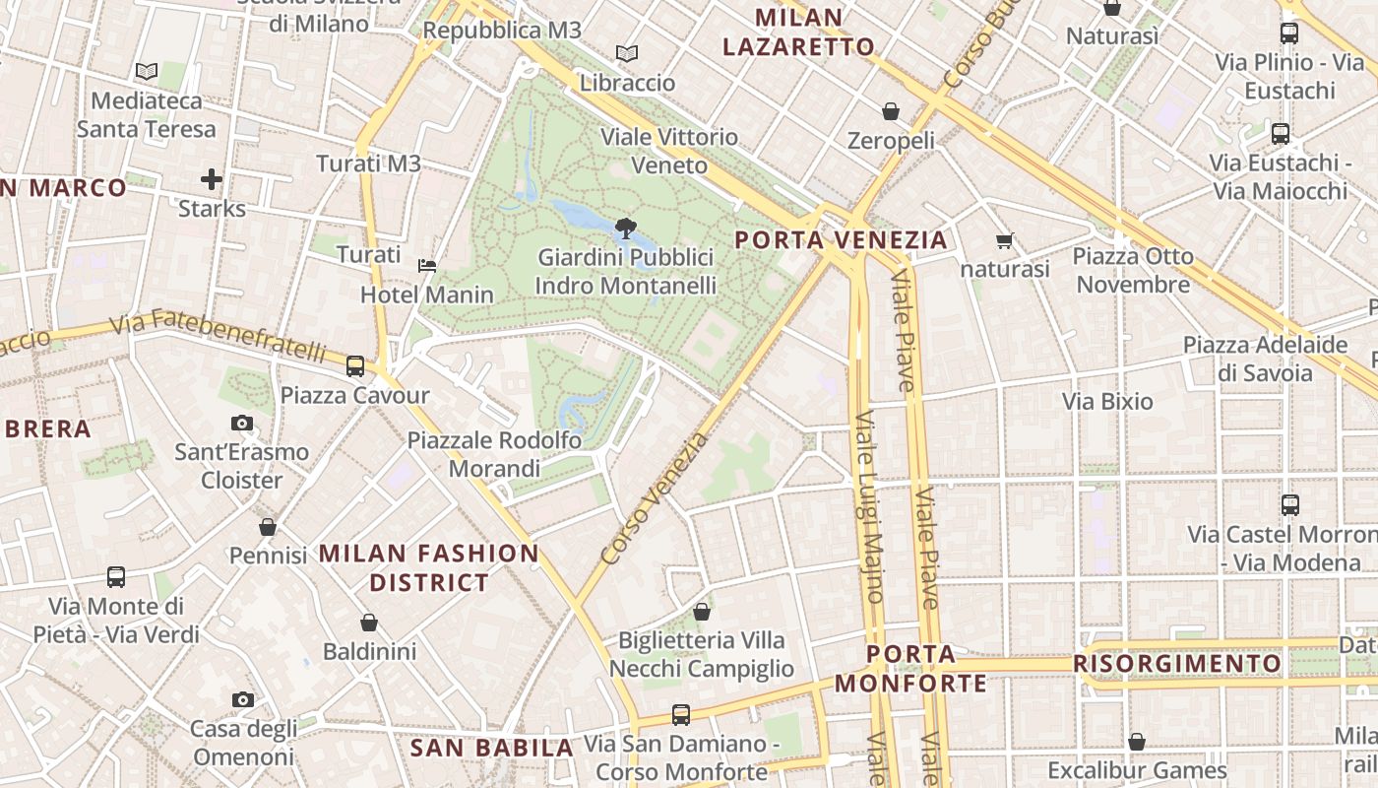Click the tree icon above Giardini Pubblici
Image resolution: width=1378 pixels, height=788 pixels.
[625, 229]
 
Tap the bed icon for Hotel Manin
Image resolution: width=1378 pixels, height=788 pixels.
[427, 265]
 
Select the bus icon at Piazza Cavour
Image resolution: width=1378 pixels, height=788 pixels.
[355, 366]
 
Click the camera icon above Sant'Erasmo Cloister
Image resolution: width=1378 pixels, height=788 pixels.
[241, 424]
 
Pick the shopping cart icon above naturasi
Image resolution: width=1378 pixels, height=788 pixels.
[1005, 240]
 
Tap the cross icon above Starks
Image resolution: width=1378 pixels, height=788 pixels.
[212, 179]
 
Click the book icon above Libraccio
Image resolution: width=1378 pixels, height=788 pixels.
[627, 53]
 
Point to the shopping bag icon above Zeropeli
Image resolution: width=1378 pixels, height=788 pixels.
[891, 111]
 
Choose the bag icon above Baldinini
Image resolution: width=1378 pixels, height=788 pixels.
[369, 623]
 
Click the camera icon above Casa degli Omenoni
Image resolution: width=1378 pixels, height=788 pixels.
[242, 700]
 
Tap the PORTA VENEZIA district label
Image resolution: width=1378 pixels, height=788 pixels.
[841, 239]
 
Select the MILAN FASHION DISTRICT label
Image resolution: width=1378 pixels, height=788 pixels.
[429, 567]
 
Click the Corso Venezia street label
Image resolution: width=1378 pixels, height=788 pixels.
[654, 499]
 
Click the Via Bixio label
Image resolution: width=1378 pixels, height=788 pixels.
[1107, 402]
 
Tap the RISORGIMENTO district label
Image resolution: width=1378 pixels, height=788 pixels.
[1177, 664]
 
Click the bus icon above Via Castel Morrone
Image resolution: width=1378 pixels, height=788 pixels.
[1290, 505]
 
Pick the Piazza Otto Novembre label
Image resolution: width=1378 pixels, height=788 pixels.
[1133, 271]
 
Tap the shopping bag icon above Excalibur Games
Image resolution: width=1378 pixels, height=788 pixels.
[1137, 742]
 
